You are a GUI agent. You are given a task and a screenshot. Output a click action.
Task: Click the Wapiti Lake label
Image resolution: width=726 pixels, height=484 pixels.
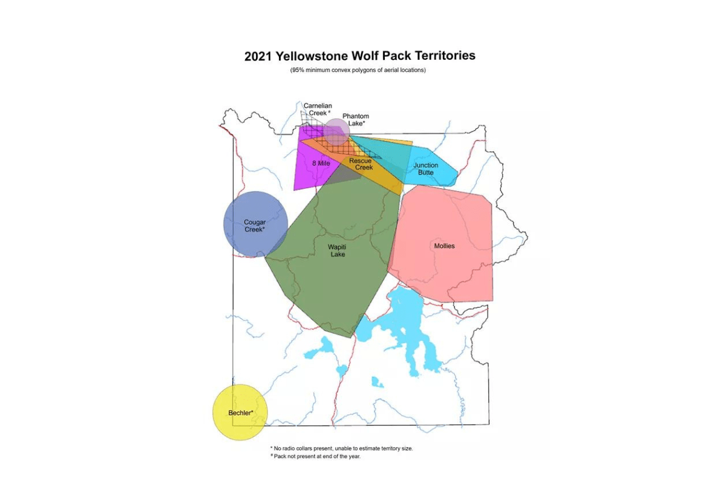click(x=337, y=250)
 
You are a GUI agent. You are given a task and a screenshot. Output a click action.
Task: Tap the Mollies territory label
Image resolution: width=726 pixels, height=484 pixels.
click(x=444, y=246)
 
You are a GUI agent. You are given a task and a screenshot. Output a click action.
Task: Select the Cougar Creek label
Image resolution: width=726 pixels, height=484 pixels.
click(x=255, y=226)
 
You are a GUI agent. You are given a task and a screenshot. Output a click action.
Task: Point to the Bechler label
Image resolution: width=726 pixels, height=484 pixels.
click(x=240, y=413)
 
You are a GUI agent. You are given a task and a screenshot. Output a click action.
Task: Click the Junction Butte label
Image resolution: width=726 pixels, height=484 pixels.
click(x=425, y=169)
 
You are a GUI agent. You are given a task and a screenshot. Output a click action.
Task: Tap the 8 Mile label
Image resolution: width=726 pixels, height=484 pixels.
click(x=321, y=163)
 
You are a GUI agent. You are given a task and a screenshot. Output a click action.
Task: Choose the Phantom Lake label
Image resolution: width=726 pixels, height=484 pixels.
click(x=355, y=120)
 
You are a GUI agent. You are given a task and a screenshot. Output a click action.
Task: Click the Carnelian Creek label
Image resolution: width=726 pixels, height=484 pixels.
click(x=318, y=110)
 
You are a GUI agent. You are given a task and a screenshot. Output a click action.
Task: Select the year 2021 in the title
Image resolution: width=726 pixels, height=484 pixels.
click(x=258, y=56)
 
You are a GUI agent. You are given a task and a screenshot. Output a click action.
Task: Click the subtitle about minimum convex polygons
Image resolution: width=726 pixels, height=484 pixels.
click(x=359, y=71)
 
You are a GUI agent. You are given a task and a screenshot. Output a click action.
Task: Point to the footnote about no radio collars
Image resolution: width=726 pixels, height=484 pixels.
click(x=342, y=448)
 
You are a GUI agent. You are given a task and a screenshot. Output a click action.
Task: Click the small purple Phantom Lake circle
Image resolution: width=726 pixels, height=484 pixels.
click(x=336, y=131)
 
